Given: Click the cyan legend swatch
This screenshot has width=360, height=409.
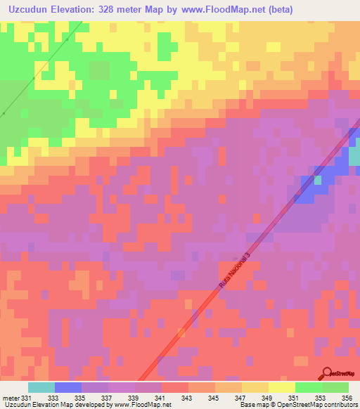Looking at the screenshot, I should [x=41, y=387].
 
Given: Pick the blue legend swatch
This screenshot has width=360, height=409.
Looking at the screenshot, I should [x=67, y=387].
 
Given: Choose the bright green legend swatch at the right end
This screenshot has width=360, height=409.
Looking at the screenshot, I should [x=335, y=387].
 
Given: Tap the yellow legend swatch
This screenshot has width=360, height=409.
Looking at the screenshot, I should [x=281, y=387].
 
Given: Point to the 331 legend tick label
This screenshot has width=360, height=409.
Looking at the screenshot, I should [x=27, y=398].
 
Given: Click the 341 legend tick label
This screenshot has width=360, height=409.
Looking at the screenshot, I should [x=160, y=398].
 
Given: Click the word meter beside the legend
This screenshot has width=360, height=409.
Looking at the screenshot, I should [x=11, y=398].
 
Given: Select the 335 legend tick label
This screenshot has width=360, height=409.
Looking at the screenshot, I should [x=81, y=398].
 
